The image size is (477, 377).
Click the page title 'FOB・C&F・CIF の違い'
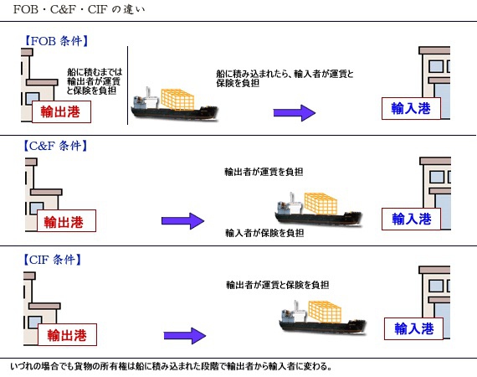[79, 9]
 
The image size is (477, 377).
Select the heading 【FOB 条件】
[56, 41]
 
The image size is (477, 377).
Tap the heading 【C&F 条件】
[55, 146]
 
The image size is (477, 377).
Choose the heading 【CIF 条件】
[53, 260]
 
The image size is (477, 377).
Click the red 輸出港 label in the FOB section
[61, 111]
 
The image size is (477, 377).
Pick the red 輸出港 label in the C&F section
[66, 221]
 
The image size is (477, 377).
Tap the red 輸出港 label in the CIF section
[67, 334]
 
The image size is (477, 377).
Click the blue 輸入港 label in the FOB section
[411, 108]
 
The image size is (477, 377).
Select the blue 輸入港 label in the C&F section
[411, 219]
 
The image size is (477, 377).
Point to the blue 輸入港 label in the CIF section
[413, 328]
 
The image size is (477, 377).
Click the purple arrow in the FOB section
[295, 113]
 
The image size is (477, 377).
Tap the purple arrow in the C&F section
[182, 221]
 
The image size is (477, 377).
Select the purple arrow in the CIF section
[185, 336]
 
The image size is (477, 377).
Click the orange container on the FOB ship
[177, 100]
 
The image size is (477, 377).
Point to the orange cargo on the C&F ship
[321, 204]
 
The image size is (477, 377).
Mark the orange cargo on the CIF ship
[325, 312]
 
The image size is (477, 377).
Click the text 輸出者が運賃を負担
[264, 172]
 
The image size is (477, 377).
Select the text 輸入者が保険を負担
[264, 233]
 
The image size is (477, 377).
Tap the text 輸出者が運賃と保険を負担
[277, 285]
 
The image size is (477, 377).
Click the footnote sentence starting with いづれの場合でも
[171, 366]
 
